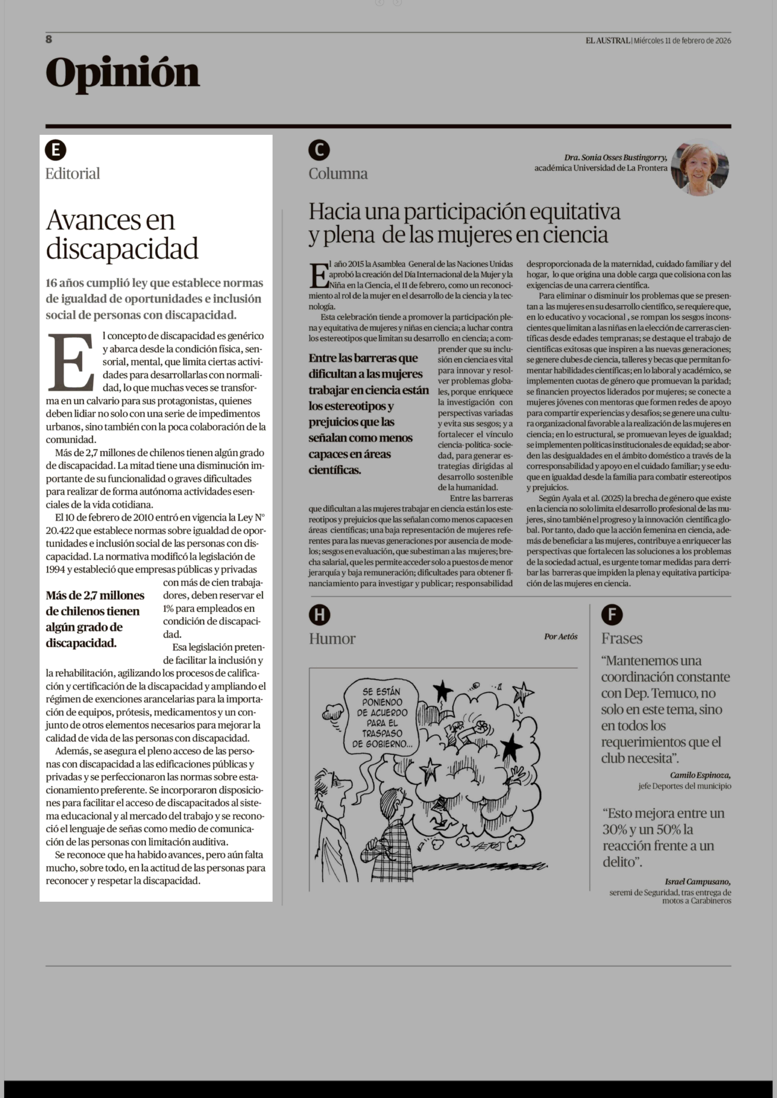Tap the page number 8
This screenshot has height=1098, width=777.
(x=49, y=39)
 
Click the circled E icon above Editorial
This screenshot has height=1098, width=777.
(x=56, y=150)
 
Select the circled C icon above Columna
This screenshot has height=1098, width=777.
(x=319, y=150)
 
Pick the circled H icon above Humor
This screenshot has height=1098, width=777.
(x=320, y=615)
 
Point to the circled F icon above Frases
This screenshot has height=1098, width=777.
(x=612, y=615)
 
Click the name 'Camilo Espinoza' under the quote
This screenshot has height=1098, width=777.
(x=700, y=775)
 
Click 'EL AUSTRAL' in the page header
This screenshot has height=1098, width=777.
(x=608, y=41)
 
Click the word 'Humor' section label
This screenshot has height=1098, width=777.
(x=332, y=639)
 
